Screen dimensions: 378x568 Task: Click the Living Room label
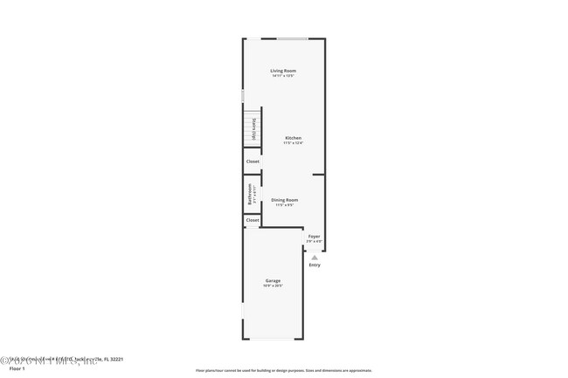pyautogui.click(x=282, y=70)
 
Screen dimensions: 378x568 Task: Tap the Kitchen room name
pyautogui.click(x=293, y=138)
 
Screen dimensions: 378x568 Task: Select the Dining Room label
pyautogui.click(x=284, y=200)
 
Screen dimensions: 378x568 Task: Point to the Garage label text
pyautogui.click(x=273, y=280)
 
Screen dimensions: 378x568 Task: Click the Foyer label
pyautogui.click(x=314, y=236)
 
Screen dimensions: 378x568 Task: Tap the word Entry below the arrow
pyautogui.click(x=314, y=265)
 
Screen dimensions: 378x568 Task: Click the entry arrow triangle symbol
pyautogui.click(x=314, y=257)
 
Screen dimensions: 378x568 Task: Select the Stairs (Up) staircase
pyautogui.click(x=253, y=128)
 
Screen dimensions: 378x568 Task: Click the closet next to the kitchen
pyautogui.click(x=253, y=162)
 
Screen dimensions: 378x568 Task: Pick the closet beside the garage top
pyautogui.click(x=253, y=220)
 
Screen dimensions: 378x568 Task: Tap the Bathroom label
pyautogui.click(x=250, y=194)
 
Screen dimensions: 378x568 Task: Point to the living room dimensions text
pyautogui.click(x=282, y=76)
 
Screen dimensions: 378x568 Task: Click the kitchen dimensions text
pyautogui.click(x=293, y=143)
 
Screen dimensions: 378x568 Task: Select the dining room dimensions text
pyautogui.click(x=284, y=206)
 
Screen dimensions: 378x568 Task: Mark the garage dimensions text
pyautogui.click(x=273, y=285)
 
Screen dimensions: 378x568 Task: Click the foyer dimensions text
pyautogui.click(x=314, y=241)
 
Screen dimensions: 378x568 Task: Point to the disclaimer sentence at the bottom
pyautogui.click(x=283, y=370)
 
